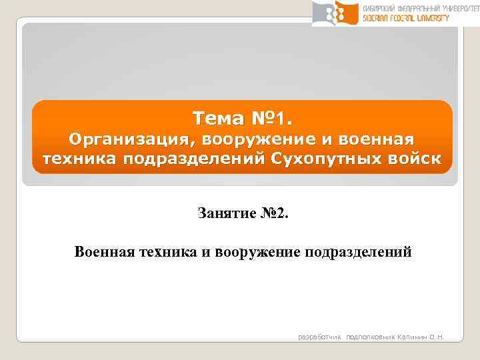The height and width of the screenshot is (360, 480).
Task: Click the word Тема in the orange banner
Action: (215, 119)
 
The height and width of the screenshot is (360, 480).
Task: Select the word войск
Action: (412, 161)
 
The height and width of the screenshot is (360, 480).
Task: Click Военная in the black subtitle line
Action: (105, 252)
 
